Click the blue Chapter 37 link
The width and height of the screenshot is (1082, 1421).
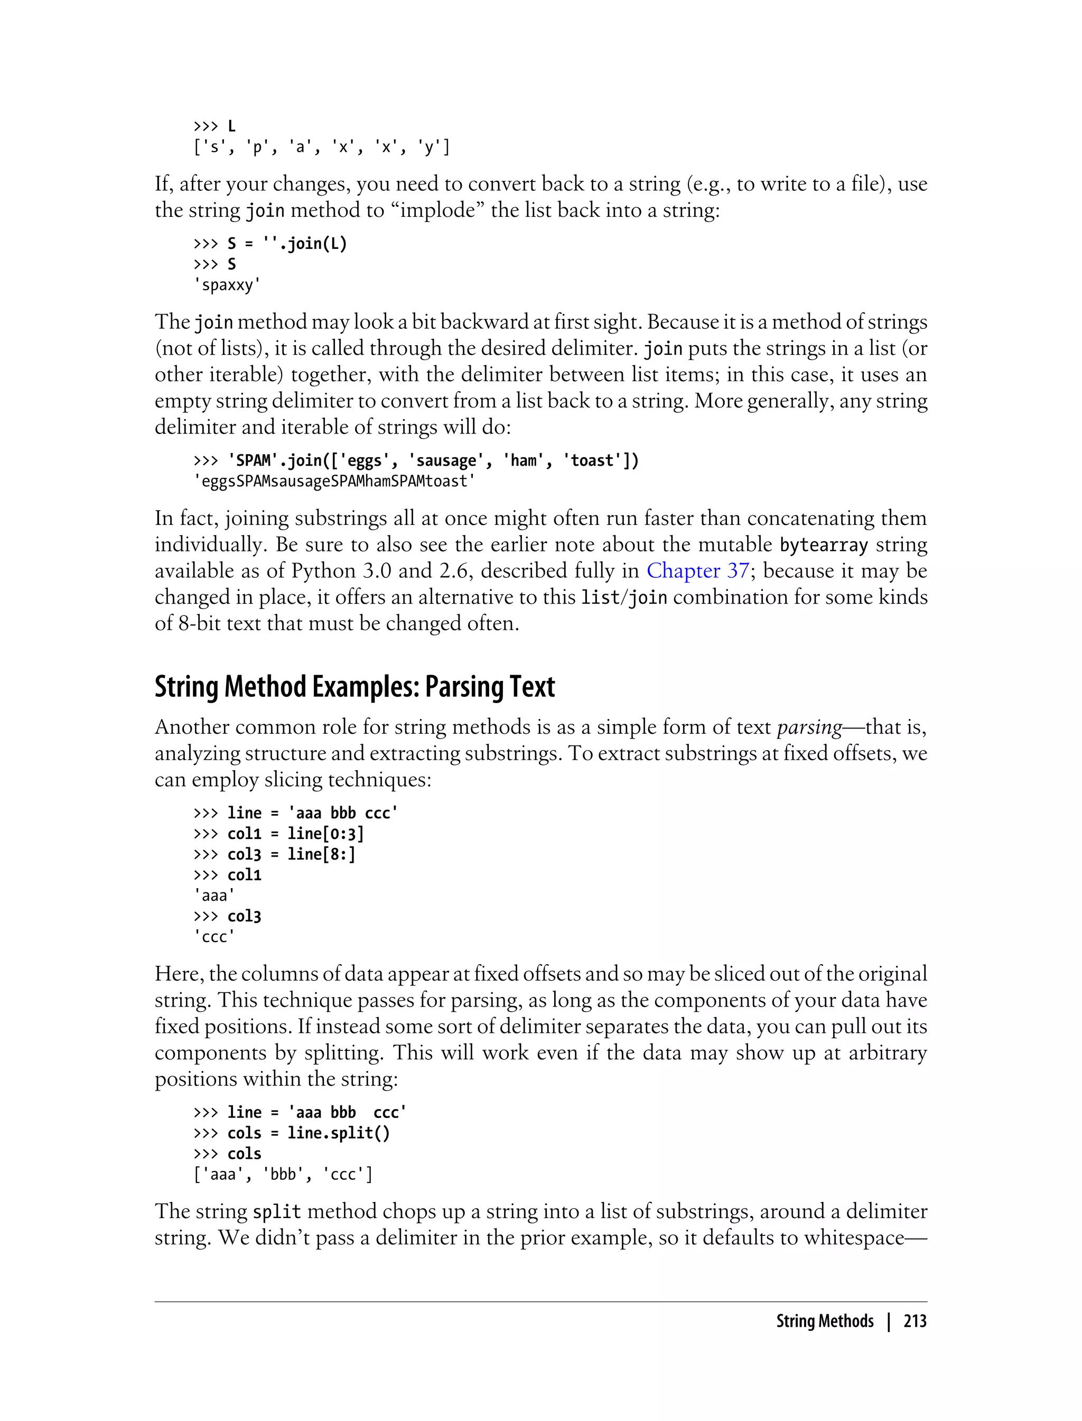pyautogui.click(x=697, y=571)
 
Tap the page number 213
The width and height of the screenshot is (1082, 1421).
pyautogui.click(x=915, y=1321)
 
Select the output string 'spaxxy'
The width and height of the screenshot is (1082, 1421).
pyautogui.click(x=227, y=285)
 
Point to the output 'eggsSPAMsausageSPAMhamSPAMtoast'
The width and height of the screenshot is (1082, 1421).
pyautogui.click(x=334, y=482)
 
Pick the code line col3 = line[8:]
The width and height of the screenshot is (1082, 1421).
pyautogui.click(x=291, y=854)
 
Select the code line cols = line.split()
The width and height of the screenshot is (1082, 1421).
pyautogui.click(x=308, y=1133)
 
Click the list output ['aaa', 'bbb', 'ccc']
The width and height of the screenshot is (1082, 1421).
pyautogui.click(x=283, y=1175)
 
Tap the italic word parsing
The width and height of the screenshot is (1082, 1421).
pyautogui.click(x=809, y=727)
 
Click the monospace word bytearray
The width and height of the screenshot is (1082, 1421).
pyautogui.click(x=823, y=545)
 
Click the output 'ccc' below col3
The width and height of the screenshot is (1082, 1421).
pyautogui.click(x=214, y=937)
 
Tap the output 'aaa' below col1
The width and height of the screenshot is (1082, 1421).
pyautogui.click(x=214, y=896)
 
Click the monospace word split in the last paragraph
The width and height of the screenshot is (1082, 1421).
pyautogui.click(x=277, y=1212)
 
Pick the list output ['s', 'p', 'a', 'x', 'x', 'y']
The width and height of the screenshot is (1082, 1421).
pyautogui.click(x=321, y=147)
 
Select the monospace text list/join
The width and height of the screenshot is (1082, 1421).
pyautogui.click(x=623, y=598)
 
